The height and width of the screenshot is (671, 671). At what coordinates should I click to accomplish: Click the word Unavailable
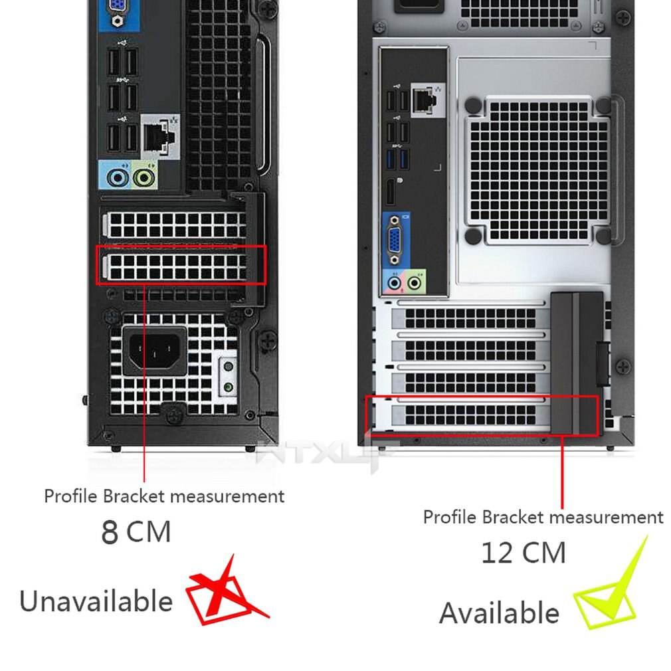(x=96, y=601)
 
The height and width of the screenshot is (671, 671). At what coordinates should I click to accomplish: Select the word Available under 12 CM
(x=499, y=613)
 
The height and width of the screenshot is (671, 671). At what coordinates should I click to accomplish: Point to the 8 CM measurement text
(x=136, y=532)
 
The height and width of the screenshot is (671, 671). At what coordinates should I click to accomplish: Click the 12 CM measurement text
(x=524, y=553)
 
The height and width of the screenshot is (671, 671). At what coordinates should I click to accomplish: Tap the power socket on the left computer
(x=155, y=351)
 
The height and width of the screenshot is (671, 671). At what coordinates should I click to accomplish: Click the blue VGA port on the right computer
(x=395, y=241)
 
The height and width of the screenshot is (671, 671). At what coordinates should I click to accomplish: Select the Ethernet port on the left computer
(x=159, y=136)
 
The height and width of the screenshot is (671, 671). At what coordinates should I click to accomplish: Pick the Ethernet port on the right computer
(x=427, y=100)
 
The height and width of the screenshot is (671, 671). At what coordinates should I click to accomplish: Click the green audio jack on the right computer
(x=415, y=282)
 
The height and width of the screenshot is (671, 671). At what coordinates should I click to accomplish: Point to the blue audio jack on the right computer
(x=394, y=283)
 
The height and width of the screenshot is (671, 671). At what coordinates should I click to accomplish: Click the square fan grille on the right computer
(x=538, y=171)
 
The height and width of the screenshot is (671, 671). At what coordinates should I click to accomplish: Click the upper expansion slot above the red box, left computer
(x=175, y=225)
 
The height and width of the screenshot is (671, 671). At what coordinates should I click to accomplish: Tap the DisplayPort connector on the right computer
(x=391, y=193)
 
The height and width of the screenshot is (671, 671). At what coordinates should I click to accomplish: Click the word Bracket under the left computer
(x=134, y=496)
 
